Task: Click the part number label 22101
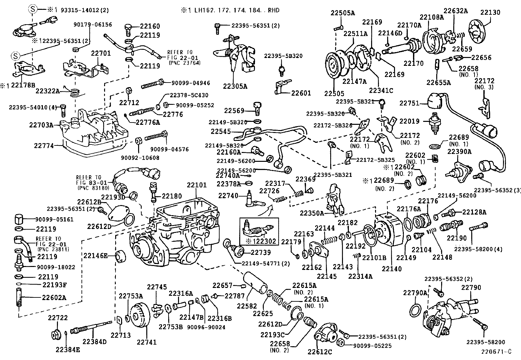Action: [197, 185]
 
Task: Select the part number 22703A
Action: [41, 125]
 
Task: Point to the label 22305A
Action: [235, 86]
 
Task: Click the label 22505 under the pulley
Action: [334, 93]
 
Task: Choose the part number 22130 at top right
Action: [490, 13]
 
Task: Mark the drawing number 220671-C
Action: [496, 352]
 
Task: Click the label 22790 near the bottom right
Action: [471, 288]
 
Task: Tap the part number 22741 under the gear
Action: [147, 342]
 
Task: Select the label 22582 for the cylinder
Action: [247, 306]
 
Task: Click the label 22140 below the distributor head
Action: [391, 269]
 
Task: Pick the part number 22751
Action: [409, 103]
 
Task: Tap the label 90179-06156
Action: [93, 25]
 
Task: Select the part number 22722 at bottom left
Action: [58, 318]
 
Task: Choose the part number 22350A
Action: [313, 213]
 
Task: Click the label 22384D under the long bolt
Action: [95, 342]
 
